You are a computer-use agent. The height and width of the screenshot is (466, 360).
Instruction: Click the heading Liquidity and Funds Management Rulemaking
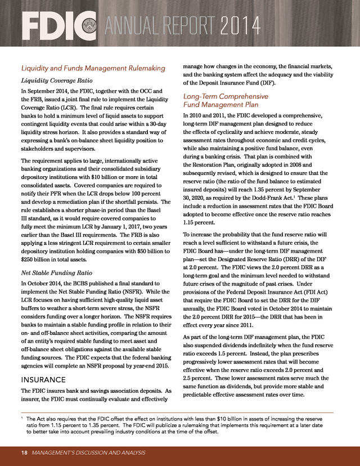coord(93,68)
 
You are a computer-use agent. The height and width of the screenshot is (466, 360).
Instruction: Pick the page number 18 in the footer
coord(25,452)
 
